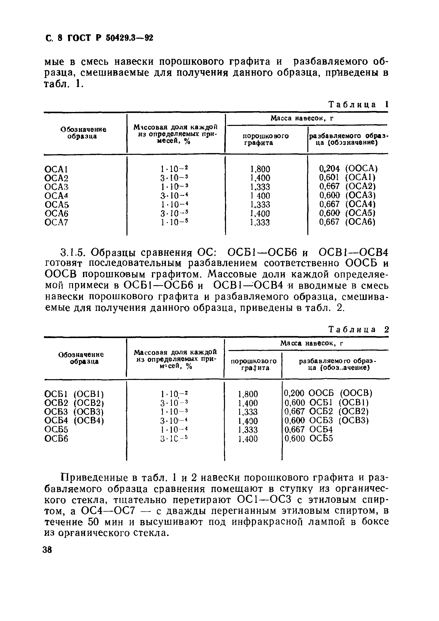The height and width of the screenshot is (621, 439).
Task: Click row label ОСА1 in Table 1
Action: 56,169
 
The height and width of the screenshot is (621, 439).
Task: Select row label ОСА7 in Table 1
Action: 56,223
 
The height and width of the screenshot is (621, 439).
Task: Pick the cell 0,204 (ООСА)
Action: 348,169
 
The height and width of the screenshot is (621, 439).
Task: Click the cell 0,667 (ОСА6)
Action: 347,222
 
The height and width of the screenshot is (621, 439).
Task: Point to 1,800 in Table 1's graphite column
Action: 260,169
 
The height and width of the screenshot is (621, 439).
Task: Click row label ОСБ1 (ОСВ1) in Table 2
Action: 74,394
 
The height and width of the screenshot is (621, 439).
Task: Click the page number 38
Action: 47,550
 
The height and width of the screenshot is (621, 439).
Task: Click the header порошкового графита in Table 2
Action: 253,364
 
